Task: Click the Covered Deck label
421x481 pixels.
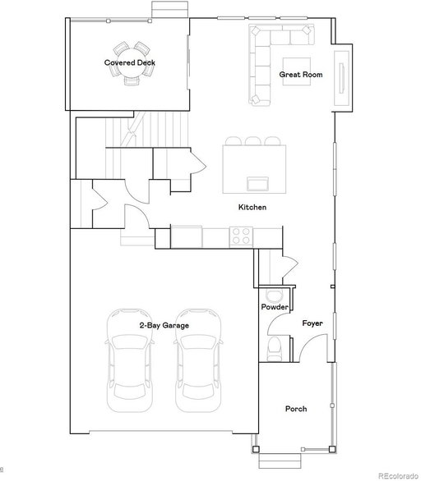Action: click(x=129, y=62)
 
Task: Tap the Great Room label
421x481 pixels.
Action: click(x=301, y=75)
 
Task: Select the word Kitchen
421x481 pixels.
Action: click(x=252, y=208)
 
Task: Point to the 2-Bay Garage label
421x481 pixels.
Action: click(x=164, y=326)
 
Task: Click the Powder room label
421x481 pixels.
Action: click(x=275, y=307)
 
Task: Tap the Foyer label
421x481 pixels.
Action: click(x=312, y=323)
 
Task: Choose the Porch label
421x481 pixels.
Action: click(x=296, y=409)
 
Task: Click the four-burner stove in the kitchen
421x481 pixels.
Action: click(x=241, y=236)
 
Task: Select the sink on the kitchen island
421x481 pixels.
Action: click(x=258, y=183)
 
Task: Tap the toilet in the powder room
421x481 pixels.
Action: click(x=274, y=349)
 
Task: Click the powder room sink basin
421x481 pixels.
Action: click(x=274, y=295)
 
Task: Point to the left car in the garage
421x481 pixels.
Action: click(x=129, y=361)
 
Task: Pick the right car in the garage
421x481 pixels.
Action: click(x=198, y=361)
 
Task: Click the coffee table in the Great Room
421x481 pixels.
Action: click(x=297, y=71)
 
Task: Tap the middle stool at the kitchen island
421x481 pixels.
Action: click(x=253, y=141)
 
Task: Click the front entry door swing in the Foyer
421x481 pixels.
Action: click(x=312, y=347)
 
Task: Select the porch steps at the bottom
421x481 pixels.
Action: click(x=280, y=461)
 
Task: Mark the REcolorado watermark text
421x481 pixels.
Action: click(x=399, y=476)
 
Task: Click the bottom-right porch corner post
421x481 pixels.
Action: click(x=332, y=450)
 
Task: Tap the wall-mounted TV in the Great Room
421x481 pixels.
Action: click(x=341, y=78)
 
